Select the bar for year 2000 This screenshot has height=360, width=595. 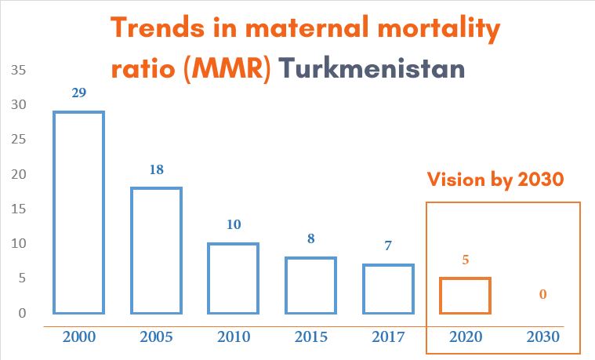54,213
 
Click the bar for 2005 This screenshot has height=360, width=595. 132,251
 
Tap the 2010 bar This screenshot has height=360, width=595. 209,278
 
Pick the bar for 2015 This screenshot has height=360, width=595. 286,285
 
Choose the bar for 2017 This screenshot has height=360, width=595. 364,289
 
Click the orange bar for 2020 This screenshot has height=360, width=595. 441,296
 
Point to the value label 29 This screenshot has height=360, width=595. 79,93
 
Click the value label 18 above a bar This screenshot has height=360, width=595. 156,169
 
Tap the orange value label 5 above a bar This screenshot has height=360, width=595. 466,260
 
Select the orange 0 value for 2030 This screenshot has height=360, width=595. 543,294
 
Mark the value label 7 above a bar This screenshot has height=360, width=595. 388,245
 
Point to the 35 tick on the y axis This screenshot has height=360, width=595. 19,70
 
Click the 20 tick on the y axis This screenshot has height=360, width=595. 19,174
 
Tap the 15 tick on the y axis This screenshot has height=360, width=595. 19,209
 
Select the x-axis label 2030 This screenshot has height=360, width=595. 543,336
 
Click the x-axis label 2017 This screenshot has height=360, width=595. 388,336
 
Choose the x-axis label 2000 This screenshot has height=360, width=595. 79,336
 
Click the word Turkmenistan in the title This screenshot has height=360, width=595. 372,68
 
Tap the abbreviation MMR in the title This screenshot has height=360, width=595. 227,69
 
